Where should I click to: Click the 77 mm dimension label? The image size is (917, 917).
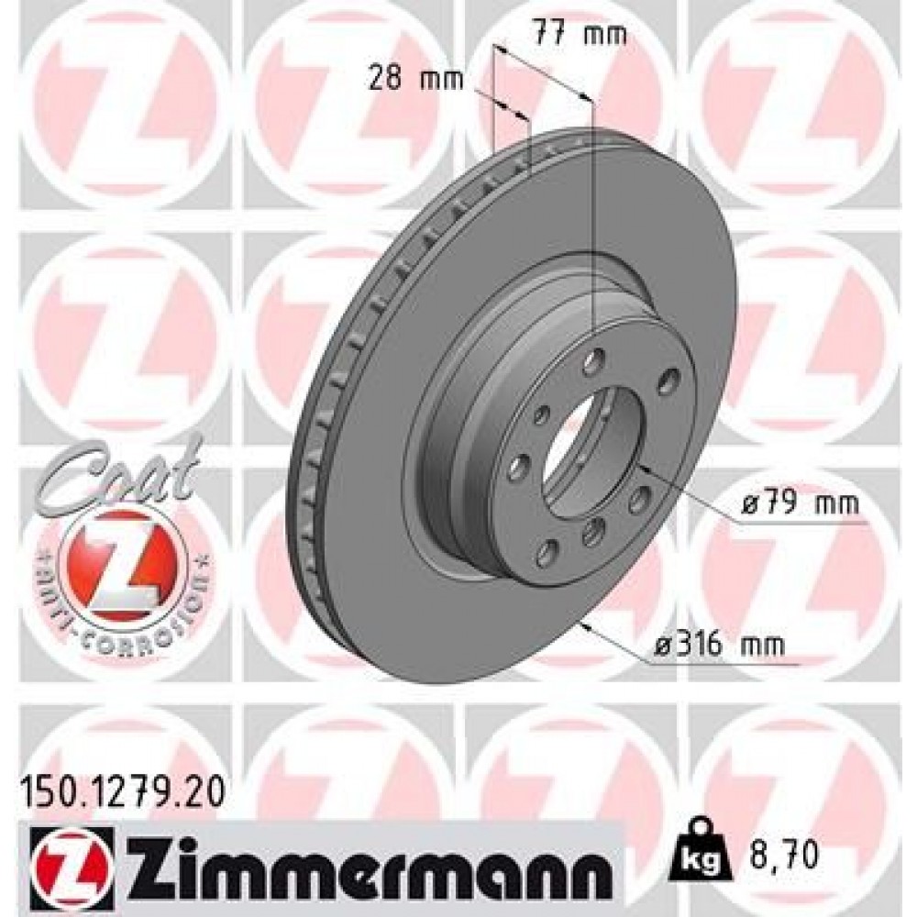coord(580,36)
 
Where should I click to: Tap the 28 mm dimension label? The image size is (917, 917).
coord(403,78)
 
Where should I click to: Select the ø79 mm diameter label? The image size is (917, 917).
coord(799,503)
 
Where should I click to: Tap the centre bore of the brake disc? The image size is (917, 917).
coord(587,449)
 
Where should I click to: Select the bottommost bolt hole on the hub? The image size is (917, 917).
coord(548,550)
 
